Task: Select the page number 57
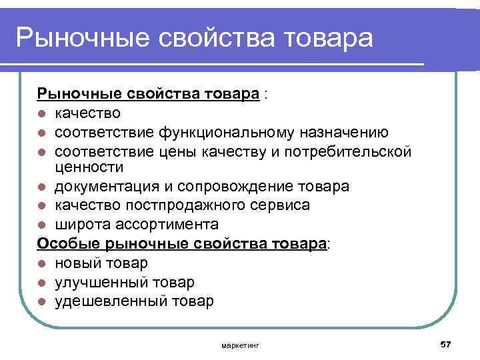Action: [x=446, y=343]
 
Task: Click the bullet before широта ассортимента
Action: [x=41, y=224]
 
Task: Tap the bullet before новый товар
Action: [x=41, y=264]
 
